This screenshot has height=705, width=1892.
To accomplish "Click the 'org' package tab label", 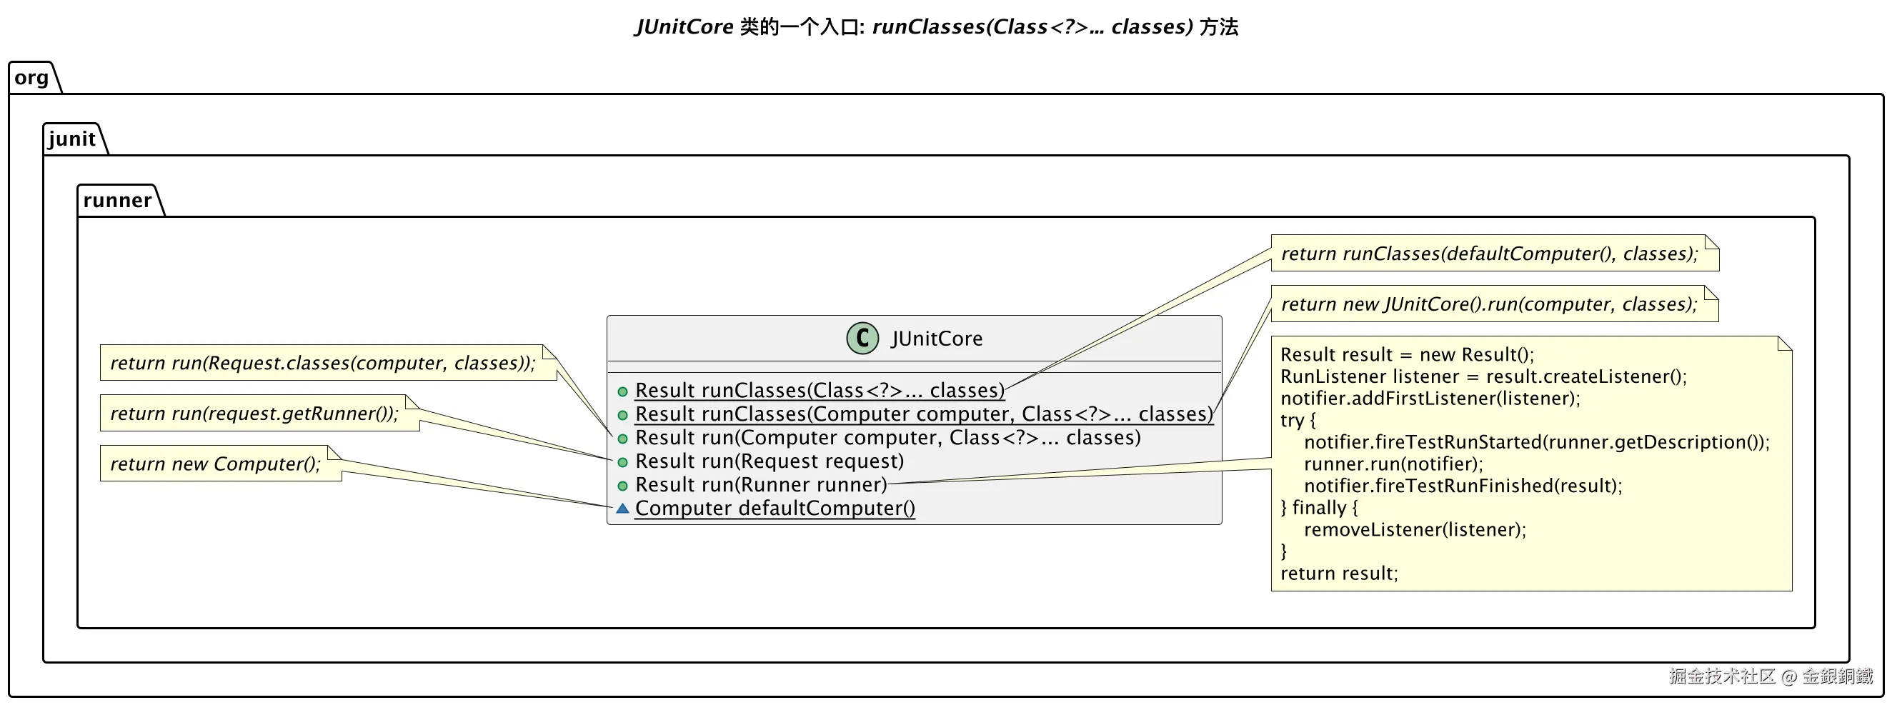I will point(31,78).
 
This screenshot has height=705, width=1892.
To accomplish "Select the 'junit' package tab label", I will point(71,139).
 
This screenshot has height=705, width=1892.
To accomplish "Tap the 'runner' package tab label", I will point(116,201).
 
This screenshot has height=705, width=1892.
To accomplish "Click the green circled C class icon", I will point(862,339).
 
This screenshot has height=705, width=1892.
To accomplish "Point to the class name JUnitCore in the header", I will point(937,339).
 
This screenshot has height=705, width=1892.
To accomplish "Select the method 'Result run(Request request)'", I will point(769,461).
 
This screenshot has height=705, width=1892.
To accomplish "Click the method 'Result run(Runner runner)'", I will point(761,485).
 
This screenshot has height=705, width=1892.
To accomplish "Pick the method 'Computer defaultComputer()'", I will point(775,508).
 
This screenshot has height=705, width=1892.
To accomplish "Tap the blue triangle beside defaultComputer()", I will point(622,508).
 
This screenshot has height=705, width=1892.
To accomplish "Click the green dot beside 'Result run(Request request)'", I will point(622,462).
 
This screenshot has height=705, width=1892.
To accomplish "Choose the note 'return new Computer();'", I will point(215,464).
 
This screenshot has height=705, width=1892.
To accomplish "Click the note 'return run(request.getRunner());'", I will point(254,414).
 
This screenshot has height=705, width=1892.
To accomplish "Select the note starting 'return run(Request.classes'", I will point(322,363).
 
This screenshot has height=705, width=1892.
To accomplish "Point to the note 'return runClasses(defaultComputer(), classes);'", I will point(1489,254).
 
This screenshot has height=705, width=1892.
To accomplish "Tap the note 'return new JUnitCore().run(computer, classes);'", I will point(1489,304).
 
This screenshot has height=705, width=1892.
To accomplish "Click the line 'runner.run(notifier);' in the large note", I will point(1393,464).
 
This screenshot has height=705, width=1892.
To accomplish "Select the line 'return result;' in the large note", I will point(1339,574).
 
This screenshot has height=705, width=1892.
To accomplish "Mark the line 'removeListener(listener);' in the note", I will point(1415,529).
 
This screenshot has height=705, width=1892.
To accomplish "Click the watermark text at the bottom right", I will point(1770,676).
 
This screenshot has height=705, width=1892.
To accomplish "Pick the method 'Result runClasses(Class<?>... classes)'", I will point(820,391).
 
